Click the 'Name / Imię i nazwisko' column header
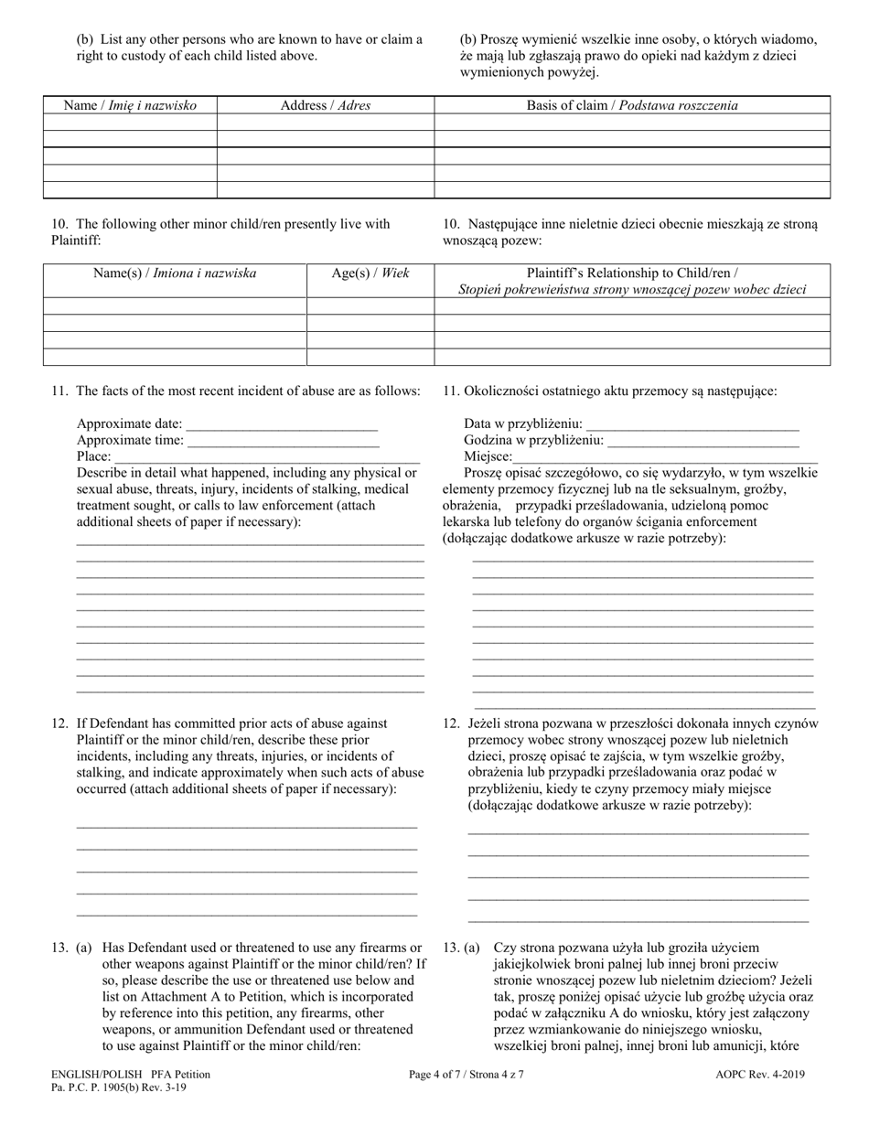[x=129, y=105]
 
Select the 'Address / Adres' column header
[x=325, y=105]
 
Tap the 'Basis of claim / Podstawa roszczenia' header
[x=632, y=105]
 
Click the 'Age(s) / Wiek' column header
[x=370, y=273]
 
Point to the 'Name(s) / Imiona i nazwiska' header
[x=175, y=273]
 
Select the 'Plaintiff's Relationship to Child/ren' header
[x=632, y=281]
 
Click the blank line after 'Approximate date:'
[x=282, y=424]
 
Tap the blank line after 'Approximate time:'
[x=283, y=441]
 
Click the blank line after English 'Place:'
[x=266, y=457]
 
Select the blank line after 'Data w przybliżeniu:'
[x=692, y=424]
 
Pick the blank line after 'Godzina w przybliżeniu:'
[x=703, y=441]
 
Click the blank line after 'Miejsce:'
[x=665, y=457]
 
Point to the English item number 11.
[x=59, y=391]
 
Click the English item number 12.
[x=59, y=723]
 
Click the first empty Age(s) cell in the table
[x=370, y=305]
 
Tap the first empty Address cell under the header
[x=325, y=122]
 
